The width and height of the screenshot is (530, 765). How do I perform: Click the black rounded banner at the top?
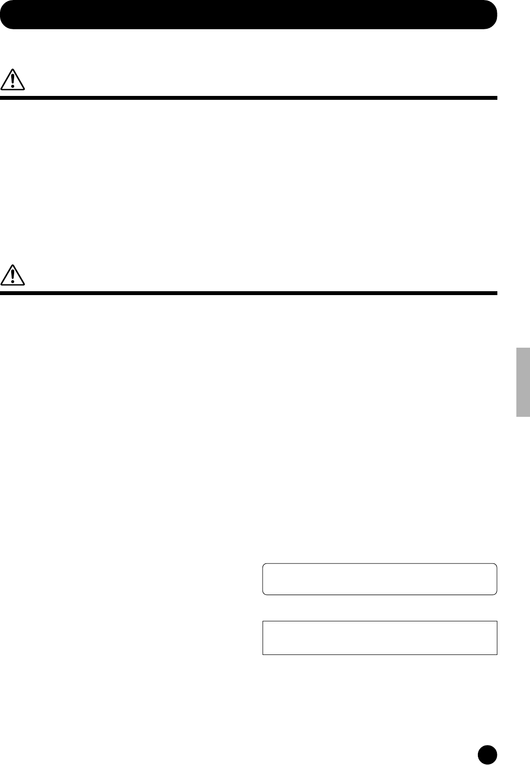[x=248, y=15]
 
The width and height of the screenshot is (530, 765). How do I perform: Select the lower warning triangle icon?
[x=13, y=275]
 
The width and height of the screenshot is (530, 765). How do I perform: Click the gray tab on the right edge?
[x=523, y=382]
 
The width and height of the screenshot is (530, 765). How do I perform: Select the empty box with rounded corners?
[x=379, y=579]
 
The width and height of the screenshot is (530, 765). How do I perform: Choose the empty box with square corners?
[x=379, y=637]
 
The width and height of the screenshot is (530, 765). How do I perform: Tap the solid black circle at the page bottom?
[x=487, y=754]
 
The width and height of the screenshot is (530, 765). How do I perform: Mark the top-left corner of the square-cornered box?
[x=263, y=621]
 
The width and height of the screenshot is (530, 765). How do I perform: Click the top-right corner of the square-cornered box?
[x=497, y=621]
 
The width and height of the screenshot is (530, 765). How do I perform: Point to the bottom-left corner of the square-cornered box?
[x=263, y=654]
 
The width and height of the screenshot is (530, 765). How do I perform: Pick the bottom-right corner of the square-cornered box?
[x=497, y=654]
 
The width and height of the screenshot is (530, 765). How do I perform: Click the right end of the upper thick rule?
[x=496, y=98]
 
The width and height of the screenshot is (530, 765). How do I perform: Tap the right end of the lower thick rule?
[x=496, y=293]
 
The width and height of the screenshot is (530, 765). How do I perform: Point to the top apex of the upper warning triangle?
[x=13, y=70]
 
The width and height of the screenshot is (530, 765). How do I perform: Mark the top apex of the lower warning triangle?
[x=13, y=265]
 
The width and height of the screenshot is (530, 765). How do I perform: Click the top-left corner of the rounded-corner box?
[x=264, y=565]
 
